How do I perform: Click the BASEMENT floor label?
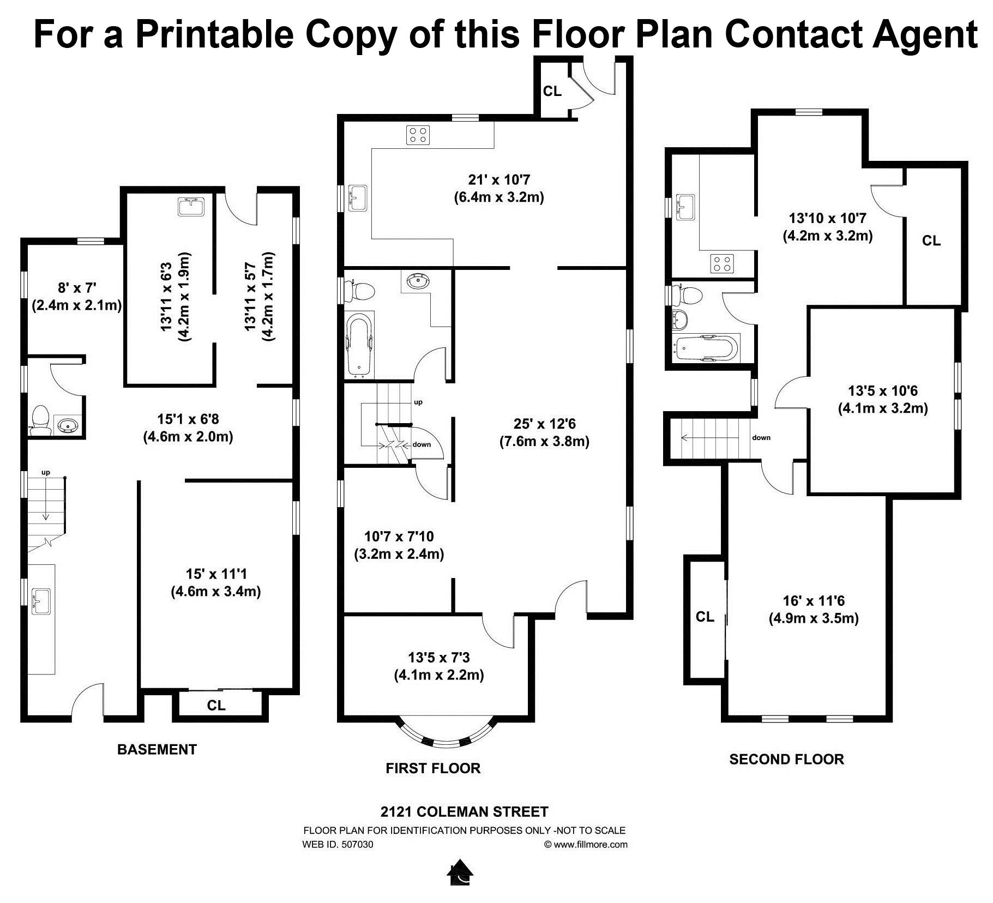click(x=157, y=749)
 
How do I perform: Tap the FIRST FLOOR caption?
click(x=433, y=768)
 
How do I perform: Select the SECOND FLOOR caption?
click(x=786, y=759)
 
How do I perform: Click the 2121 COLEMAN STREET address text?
click(x=464, y=812)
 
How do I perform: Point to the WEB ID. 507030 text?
click(x=338, y=845)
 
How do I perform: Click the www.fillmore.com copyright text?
click(x=586, y=845)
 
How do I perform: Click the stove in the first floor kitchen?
click(x=418, y=135)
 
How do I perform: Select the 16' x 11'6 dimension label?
click(x=814, y=601)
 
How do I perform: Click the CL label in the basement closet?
click(x=216, y=705)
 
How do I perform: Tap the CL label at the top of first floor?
click(x=552, y=91)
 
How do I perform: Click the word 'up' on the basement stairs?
click(x=46, y=472)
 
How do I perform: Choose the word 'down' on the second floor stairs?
click(x=761, y=437)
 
